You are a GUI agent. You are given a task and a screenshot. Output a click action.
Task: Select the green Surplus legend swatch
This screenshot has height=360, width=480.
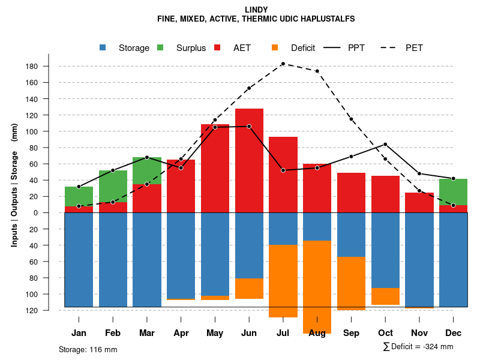click(160, 48)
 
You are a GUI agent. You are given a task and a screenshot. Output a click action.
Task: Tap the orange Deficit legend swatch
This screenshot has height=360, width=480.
click(275, 48)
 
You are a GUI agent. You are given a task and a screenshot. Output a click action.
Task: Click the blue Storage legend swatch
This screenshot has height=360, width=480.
click(103, 48)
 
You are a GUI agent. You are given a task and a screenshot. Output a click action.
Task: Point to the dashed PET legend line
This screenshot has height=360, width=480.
click(391, 48)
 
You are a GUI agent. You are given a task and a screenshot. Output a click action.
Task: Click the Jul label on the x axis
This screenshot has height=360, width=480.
click(283, 333)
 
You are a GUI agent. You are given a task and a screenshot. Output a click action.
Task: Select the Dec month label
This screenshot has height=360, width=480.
click(453, 333)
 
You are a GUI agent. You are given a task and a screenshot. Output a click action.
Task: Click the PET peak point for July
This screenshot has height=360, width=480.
click(283, 64)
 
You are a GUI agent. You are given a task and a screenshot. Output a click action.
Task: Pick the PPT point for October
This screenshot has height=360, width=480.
click(385, 144)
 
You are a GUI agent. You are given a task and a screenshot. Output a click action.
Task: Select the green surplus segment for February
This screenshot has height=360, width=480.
click(113, 186)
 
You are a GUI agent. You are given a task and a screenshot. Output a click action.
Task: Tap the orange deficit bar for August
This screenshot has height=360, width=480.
click(317, 285)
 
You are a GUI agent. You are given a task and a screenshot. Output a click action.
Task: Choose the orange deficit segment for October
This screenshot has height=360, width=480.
click(385, 296)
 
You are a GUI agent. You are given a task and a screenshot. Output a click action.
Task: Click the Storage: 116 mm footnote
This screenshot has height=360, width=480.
click(88, 349)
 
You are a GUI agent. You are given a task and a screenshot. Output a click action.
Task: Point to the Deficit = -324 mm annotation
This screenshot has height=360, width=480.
click(418, 347)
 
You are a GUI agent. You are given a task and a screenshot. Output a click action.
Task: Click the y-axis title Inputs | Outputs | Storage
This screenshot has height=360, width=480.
click(14, 184)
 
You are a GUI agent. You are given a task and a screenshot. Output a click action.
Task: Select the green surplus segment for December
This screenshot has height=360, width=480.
click(453, 192)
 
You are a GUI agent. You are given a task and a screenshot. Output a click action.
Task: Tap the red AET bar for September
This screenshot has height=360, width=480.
click(352, 192)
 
